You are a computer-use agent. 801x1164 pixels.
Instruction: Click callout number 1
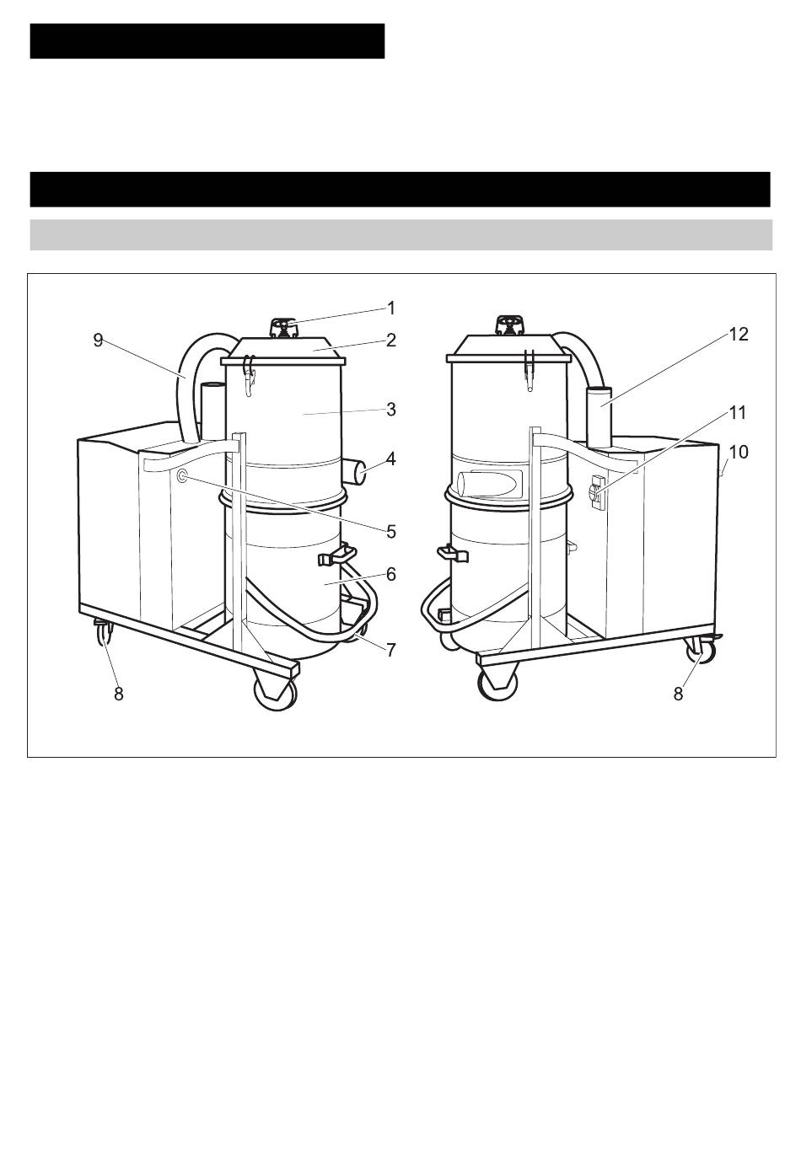(391, 308)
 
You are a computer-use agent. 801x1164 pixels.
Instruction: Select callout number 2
(391, 341)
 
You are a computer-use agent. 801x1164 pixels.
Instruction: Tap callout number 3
(391, 410)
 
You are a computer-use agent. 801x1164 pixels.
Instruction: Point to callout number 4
(390, 459)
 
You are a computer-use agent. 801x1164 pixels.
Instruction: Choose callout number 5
(391, 532)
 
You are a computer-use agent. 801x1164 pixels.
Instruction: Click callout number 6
(391, 574)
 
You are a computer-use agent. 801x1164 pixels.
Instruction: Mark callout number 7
(391, 649)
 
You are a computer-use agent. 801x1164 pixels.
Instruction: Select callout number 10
(738, 452)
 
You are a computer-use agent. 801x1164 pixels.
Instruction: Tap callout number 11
(738, 413)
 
